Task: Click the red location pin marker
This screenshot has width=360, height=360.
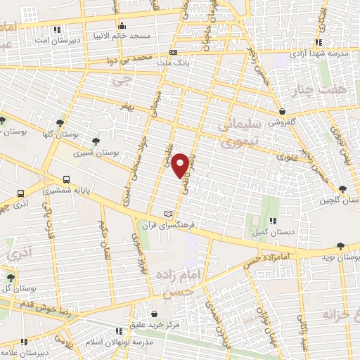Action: coord(181,164)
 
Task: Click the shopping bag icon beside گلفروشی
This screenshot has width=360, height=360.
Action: coord(282,110)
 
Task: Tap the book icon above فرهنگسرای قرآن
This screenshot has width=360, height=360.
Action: coord(167,214)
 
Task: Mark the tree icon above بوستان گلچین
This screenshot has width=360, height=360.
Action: coord(342,189)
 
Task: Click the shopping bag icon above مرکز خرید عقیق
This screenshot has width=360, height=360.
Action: coord(155,312)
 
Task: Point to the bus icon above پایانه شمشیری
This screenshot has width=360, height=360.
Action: coord(67,179)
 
